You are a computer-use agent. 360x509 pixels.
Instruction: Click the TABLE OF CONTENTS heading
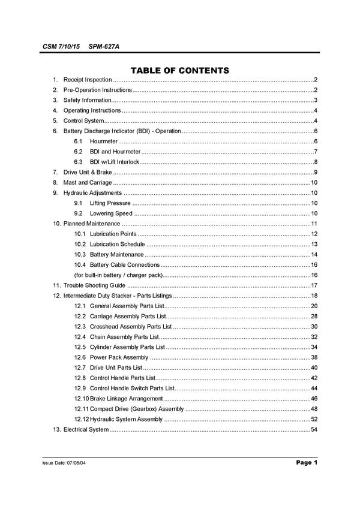(180, 70)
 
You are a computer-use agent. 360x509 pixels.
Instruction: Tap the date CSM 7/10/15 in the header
(61, 46)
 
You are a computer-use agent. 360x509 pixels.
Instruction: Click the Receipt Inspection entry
(88, 80)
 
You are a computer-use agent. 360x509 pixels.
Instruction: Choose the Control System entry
(84, 121)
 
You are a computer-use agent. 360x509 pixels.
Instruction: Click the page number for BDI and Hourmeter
(315, 151)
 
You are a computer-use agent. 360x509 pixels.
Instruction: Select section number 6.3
(79, 162)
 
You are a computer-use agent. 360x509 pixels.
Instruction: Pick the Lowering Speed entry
(111, 213)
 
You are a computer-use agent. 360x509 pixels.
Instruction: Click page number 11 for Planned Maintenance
(314, 224)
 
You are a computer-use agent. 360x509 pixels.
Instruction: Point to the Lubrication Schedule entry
(117, 244)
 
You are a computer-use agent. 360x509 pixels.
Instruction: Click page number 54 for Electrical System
(314, 429)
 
